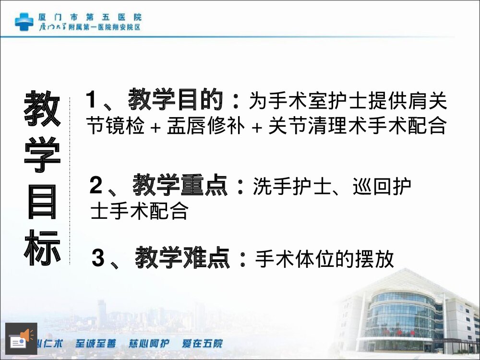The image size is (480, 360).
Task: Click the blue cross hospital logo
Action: tap(24, 21)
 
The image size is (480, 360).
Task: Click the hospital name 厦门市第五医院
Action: tap(90, 17)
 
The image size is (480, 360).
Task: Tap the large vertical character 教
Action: tap(42, 108)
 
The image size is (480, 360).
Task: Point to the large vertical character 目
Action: tap(42, 202)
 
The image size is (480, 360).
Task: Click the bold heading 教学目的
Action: tap(176, 101)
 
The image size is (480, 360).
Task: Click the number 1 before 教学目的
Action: tap(92, 101)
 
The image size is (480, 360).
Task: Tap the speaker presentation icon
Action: tap(21, 339)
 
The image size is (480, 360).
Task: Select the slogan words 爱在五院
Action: tap(202, 344)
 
